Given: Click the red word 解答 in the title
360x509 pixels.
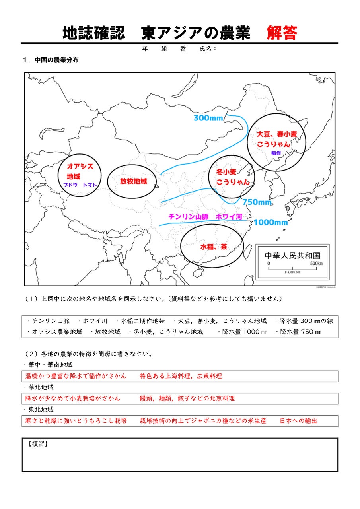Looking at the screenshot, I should pos(282,33).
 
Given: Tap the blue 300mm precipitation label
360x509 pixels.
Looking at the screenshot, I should pos(208,118).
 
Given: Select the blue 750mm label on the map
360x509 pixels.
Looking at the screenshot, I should pos(257,202).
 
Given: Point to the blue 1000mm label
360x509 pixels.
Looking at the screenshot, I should pos(270,222).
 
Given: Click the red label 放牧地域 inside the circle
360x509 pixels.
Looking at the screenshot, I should pos(134,181).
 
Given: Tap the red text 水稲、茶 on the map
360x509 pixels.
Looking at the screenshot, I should pos(214,247).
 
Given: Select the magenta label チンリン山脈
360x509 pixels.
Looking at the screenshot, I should pos(189,216).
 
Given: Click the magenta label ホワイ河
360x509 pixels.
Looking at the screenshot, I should pos(229,216).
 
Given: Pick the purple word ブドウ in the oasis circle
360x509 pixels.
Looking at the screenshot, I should pos(70,185).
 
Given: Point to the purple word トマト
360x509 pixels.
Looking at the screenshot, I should pos(90,185).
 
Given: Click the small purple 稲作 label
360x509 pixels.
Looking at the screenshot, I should pos(276,153).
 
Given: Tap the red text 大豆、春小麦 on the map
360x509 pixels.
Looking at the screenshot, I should pos(277,134).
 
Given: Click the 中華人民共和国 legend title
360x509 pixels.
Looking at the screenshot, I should pos(293,255).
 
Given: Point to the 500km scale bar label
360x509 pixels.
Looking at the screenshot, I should pos(316,264).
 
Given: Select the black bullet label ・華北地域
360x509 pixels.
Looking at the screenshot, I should pos(39,387).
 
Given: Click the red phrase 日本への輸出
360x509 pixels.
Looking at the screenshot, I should pos(298,421).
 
